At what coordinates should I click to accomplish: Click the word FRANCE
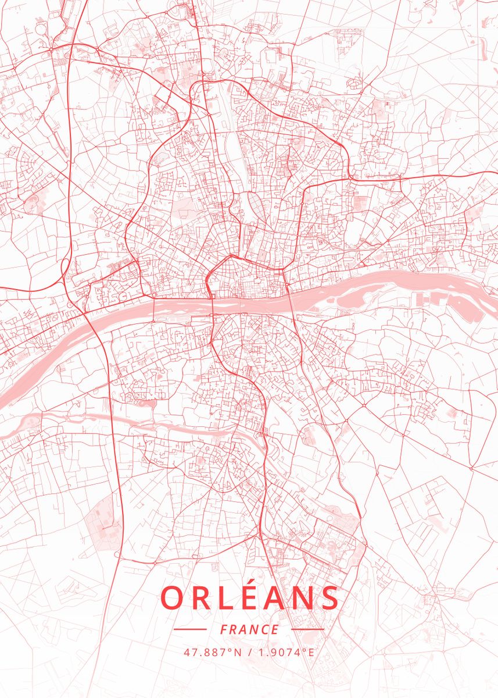pyautogui.click(x=249, y=629)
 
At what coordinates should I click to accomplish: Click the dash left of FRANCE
pyautogui.click(x=190, y=629)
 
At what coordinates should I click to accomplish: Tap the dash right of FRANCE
pyautogui.click(x=307, y=629)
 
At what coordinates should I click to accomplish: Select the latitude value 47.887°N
pyautogui.click(x=213, y=652)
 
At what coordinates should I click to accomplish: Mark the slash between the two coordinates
pyautogui.click(x=250, y=652)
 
